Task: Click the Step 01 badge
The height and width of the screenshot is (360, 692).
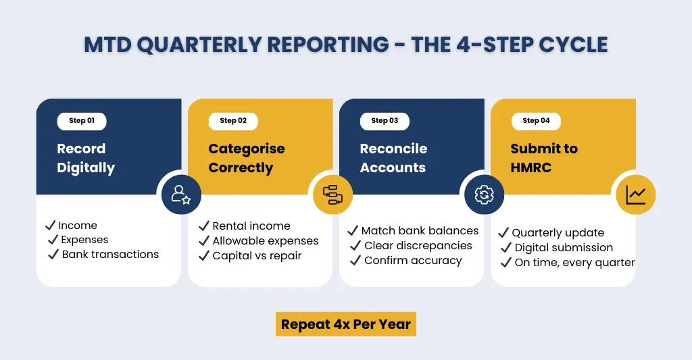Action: coord(82,121)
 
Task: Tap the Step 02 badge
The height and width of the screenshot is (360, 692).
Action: coord(233,121)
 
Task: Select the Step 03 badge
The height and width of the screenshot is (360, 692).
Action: coord(385,121)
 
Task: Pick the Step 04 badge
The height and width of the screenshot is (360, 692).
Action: coord(536,121)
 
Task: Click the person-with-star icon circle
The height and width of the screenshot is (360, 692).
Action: coord(181,195)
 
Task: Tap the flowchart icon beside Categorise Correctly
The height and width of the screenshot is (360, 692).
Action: coord(332,195)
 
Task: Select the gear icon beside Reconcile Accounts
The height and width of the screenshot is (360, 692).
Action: coord(485,195)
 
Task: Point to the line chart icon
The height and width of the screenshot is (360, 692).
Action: coord(635,195)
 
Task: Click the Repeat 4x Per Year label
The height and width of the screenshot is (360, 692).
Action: coord(345,324)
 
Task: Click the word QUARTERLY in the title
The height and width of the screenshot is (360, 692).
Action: coord(198,45)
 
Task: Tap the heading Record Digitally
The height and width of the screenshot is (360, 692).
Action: coord(85,158)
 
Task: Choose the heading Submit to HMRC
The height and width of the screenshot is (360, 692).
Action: coord(544,158)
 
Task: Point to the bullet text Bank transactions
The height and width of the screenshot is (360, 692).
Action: coord(110,255)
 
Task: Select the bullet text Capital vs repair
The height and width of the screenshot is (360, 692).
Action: coord(257,255)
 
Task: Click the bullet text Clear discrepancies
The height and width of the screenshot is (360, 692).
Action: coord(418,245)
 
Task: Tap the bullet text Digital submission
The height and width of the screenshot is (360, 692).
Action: coord(564,248)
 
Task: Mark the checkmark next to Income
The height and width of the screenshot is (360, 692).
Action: coord(50,225)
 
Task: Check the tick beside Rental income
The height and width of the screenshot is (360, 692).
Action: coord(203,226)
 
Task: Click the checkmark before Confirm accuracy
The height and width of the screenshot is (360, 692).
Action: coord(355,260)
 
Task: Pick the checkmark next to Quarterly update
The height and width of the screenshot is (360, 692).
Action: coord(503,233)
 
